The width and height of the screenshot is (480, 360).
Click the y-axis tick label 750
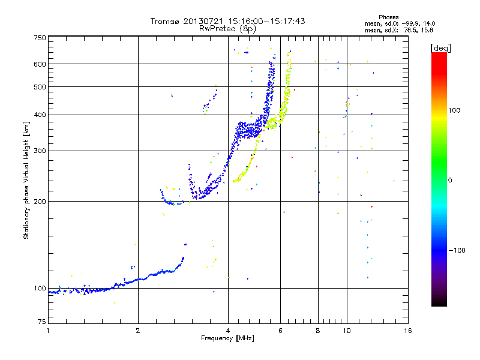40,38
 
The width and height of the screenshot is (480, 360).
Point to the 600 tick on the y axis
40,64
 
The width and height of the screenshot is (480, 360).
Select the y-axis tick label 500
40,86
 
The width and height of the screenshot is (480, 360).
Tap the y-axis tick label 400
40,115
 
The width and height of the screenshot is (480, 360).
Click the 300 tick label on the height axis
40,151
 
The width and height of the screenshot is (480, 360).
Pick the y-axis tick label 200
40,201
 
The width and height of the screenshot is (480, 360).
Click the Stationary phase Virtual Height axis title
26,180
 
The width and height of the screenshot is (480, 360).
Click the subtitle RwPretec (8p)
227,28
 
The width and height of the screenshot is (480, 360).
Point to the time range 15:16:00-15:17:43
262,21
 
